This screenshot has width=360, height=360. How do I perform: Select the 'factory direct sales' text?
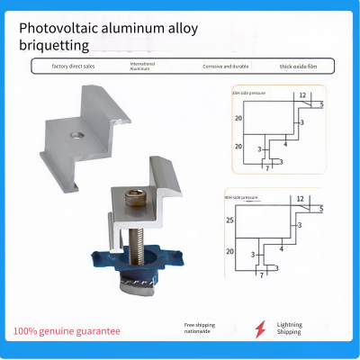[74, 66]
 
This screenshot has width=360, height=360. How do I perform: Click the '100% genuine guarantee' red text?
[66, 331]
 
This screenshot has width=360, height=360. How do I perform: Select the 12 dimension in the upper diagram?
[302, 94]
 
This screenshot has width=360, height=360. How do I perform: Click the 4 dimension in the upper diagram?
[285, 141]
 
